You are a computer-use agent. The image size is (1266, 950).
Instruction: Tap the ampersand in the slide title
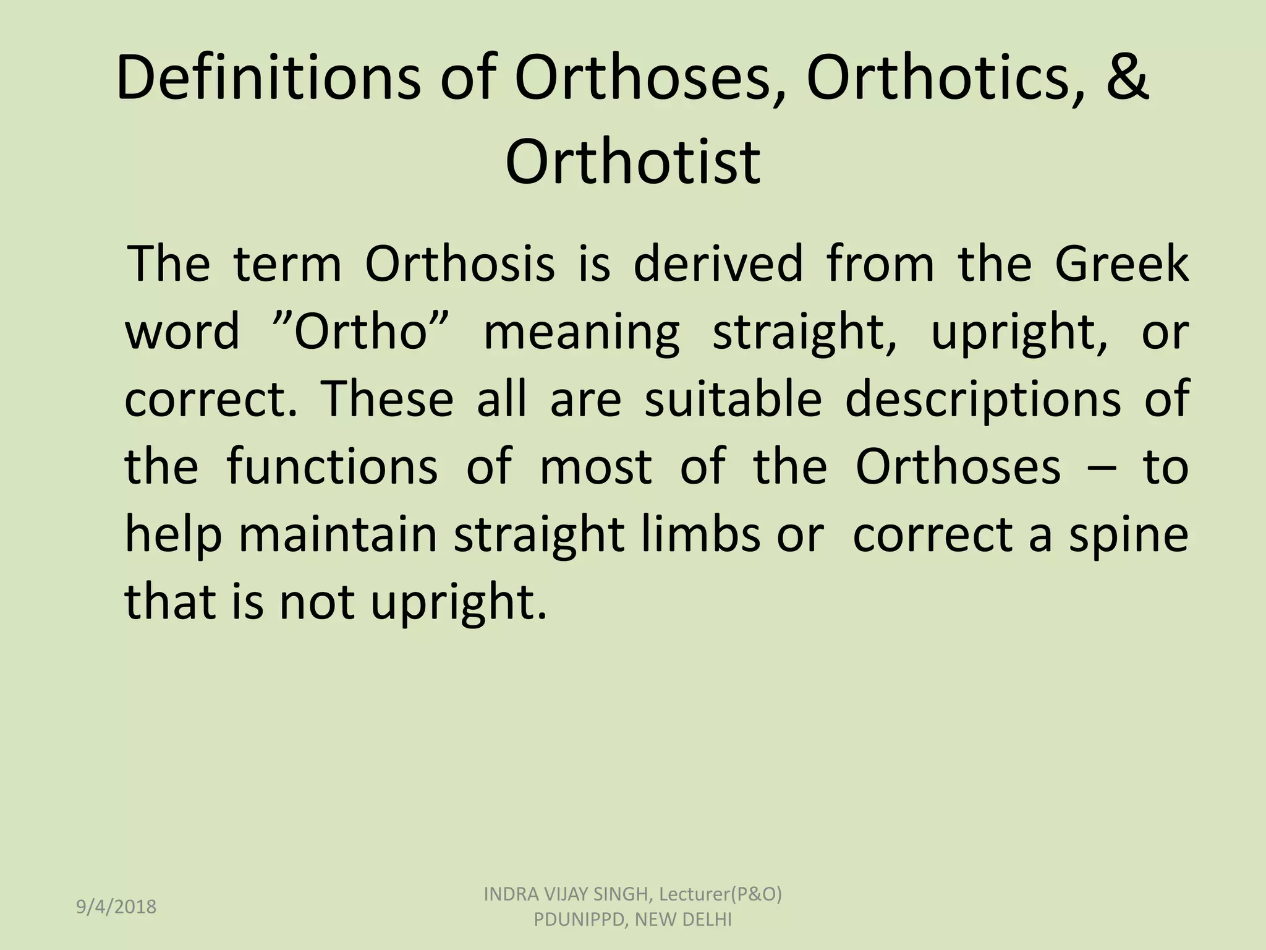point(1126,79)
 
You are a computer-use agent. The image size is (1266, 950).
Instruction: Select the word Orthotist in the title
point(632,162)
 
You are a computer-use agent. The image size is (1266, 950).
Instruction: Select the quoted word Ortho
point(360,332)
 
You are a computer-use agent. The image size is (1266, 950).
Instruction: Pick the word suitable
point(733,399)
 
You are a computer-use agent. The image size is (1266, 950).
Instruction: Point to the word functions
point(333,466)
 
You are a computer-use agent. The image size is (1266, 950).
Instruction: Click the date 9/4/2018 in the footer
point(116,907)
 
